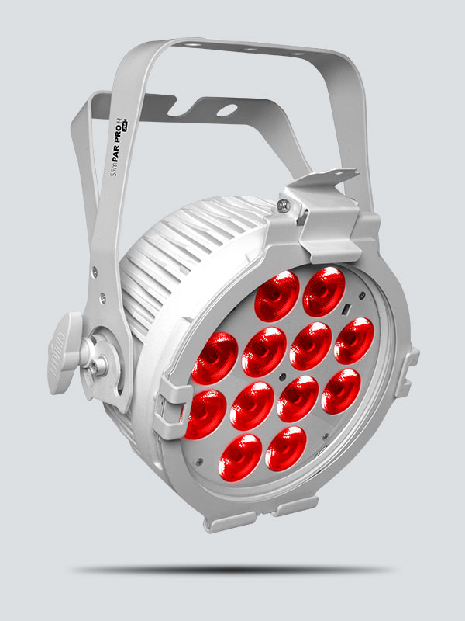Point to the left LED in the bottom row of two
(x=239, y=456)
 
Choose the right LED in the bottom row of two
(x=285, y=447)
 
